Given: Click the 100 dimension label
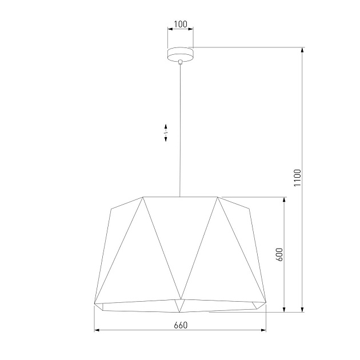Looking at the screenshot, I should (x=180, y=24).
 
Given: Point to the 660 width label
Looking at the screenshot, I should (x=180, y=325).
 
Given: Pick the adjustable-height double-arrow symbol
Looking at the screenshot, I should (x=166, y=132).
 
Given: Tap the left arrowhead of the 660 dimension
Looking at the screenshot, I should (x=97, y=330).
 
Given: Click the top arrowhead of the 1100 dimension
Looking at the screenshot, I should (x=302, y=50).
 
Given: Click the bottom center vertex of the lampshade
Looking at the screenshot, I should (x=180, y=312).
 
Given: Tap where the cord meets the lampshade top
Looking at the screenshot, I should (x=180, y=197).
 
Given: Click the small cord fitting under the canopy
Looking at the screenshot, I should (x=180, y=61).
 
